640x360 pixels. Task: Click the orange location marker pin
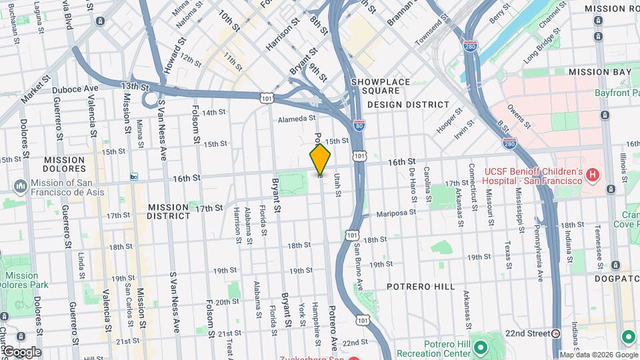[320, 159]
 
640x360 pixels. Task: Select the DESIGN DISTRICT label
[408, 105]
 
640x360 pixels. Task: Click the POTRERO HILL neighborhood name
[421, 287]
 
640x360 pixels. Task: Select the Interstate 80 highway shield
[359, 125]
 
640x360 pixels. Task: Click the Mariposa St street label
[395, 213]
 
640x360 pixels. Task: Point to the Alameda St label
[297, 118]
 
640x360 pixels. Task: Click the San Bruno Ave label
[359, 265]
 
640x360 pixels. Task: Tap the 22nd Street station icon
[556, 333]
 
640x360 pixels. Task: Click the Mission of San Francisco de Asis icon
[21, 184]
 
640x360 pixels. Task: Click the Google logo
[22, 352]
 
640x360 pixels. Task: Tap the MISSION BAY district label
[600, 72]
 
